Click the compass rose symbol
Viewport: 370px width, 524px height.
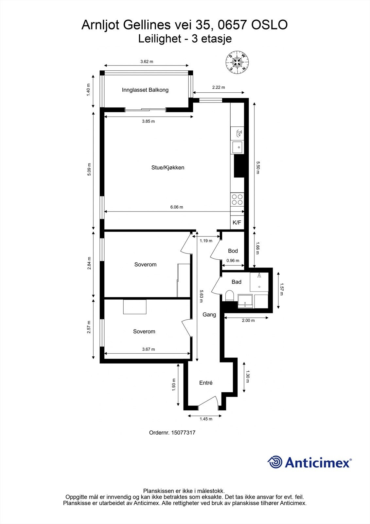[x=237, y=62]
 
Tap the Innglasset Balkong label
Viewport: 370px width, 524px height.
[x=145, y=90]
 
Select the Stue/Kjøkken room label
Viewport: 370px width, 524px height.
[x=168, y=168]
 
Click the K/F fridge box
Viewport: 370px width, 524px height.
[x=237, y=223]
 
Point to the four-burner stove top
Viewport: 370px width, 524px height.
[x=237, y=199]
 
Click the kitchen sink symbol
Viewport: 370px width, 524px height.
[x=238, y=147]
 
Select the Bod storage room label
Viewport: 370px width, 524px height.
[x=233, y=251]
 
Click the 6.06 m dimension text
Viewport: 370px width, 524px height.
[x=177, y=207]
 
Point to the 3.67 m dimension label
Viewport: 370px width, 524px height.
[x=149, y=349]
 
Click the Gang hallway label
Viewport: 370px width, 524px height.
[x=209, y=315]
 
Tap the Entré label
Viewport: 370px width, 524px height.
[x=206, y=383]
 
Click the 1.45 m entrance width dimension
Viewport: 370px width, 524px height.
[x=206, y=419]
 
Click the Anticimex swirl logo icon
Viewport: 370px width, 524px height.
[x=275, y=462]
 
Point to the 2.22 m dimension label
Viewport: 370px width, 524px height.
[x=219, y=87]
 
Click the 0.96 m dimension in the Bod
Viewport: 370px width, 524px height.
[x=233, y=261]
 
